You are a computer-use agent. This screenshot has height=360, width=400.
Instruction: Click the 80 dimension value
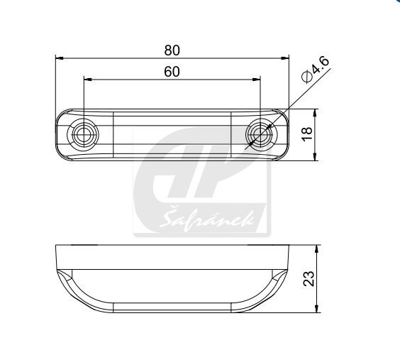172,50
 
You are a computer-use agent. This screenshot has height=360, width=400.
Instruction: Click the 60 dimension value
172,72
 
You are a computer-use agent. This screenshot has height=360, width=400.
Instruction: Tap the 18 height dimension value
307,133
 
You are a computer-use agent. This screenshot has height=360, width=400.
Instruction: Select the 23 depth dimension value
309,278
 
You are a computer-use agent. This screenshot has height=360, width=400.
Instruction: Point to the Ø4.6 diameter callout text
315,70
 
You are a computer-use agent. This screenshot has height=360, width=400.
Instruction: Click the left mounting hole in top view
82,134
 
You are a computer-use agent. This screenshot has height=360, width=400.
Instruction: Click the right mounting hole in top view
261,134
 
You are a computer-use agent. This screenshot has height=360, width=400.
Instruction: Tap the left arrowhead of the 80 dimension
60,58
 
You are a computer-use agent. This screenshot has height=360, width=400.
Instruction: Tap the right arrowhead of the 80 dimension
285,58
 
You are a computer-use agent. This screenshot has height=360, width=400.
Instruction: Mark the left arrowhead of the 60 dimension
88,80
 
